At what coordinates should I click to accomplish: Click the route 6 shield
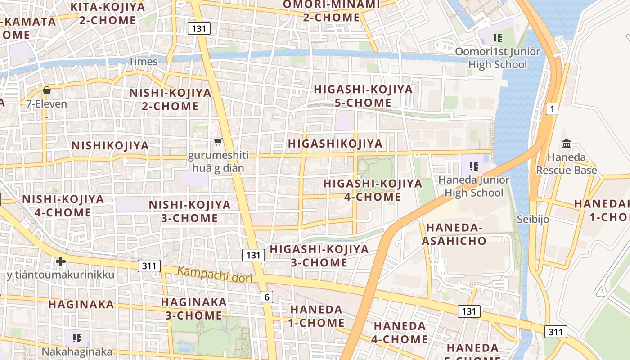point(267,297)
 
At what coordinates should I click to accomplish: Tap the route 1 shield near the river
point(552,108)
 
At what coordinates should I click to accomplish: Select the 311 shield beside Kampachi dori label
point(149,266)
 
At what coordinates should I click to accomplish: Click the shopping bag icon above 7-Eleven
point(47,90)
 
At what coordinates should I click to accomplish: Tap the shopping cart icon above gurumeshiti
point(218,142)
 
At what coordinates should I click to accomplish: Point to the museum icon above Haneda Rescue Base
point(567,144)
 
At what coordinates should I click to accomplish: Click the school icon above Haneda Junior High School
point(473,166)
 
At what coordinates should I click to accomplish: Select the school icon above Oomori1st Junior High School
point(497,38)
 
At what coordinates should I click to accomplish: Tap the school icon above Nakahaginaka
point(76,337)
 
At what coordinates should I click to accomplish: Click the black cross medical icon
point(61,261)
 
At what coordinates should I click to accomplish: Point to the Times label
point(143,62)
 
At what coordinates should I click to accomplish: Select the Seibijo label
point(533,219)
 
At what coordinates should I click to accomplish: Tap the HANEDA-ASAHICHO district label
point(454,234)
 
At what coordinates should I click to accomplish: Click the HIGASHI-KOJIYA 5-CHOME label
point(363,96)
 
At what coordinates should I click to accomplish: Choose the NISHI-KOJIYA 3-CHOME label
point(189,211)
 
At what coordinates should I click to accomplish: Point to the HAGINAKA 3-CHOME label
point(194,308)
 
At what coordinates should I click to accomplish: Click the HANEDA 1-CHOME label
point(316,316)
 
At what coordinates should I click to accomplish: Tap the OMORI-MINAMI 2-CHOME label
point(331,11)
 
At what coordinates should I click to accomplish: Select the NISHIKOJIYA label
point(110,145)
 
